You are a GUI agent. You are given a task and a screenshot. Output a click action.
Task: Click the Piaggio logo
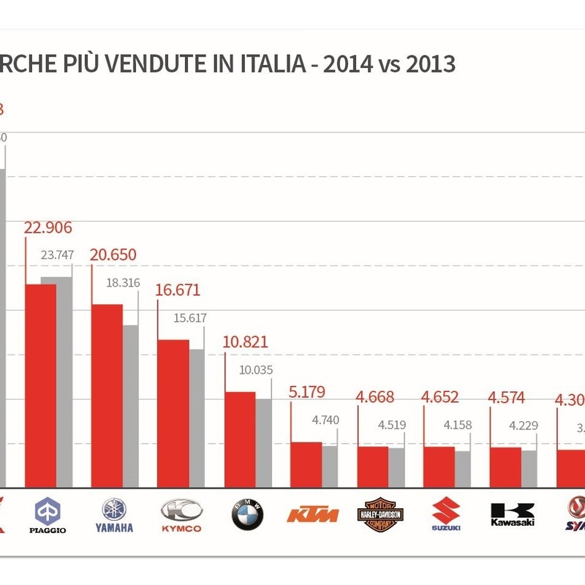click(x=50, y=515)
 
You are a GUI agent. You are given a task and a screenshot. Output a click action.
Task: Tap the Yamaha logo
click(x=114, y=515)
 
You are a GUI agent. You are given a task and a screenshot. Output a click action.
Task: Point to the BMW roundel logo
click(x=247, y=515)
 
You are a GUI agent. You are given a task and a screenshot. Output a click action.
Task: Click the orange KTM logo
click(x=313, y=514)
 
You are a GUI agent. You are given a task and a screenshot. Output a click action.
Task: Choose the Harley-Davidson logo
click(x=380, y=515)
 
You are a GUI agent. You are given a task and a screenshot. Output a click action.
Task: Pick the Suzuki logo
click(x=446, y=515)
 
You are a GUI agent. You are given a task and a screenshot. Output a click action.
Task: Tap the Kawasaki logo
click(x=513, y=515)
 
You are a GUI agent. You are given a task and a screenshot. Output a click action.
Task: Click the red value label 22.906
click(x=48, y=227)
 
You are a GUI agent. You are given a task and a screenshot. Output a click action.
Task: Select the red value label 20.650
click(x=113, y=255)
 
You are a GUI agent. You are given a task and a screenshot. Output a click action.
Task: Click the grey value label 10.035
click(x=256, y=370)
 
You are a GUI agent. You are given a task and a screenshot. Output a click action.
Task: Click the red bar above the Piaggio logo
click(x=41, y=385)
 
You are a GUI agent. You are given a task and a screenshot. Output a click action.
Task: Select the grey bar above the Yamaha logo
click(x=130, y=406)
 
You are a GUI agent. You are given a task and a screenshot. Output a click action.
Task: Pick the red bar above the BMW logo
click(x=240, y=439)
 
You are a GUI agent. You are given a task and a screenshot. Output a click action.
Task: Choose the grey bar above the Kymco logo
click(x=197, y=418)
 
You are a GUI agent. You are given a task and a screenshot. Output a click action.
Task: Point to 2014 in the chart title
click(x=347, y=64)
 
